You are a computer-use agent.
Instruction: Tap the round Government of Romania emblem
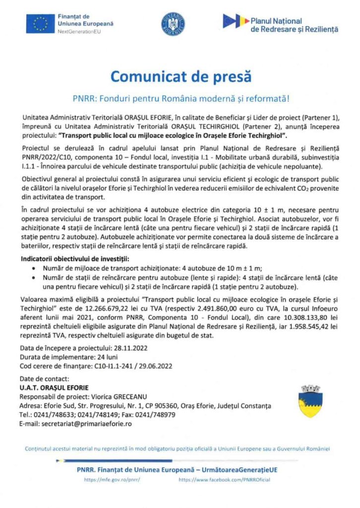click(x=173, y=23)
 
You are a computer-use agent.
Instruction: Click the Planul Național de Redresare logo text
click(x=295, y=25)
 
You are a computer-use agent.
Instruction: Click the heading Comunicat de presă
click(x=180, y=77)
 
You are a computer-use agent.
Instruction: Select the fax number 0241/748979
click(x=157, y=415)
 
